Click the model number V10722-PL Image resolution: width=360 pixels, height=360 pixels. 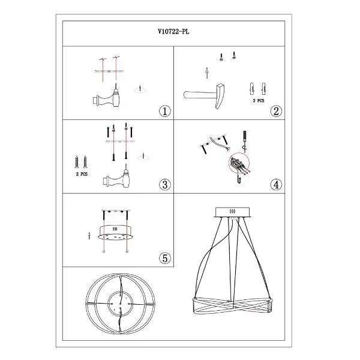173,31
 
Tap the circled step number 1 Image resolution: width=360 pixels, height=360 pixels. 165,111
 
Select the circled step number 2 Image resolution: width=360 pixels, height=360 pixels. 276,111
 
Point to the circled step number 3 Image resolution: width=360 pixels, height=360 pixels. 165,185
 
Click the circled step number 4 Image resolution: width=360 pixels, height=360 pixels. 276,185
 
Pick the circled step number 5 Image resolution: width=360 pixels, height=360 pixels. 165,258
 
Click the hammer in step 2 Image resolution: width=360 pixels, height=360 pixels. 205,96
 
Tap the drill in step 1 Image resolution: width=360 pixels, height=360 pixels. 106,97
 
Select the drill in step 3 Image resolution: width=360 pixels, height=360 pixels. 116,177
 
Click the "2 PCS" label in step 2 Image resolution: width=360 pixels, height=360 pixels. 259,101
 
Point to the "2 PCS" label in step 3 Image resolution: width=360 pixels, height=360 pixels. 82,174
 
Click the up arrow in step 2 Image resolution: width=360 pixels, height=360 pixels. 207,73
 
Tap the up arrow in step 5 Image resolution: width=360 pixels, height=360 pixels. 89,236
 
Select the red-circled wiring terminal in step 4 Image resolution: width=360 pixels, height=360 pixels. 239,164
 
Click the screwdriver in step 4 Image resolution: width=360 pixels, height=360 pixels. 245,142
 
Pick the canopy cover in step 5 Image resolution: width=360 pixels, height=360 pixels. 115,232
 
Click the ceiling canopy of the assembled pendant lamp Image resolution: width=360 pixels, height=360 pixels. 232,212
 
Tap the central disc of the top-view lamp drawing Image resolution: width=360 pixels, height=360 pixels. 120,304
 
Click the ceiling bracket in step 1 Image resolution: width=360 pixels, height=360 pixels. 109,71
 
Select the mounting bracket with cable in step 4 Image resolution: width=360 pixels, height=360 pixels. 214,143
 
